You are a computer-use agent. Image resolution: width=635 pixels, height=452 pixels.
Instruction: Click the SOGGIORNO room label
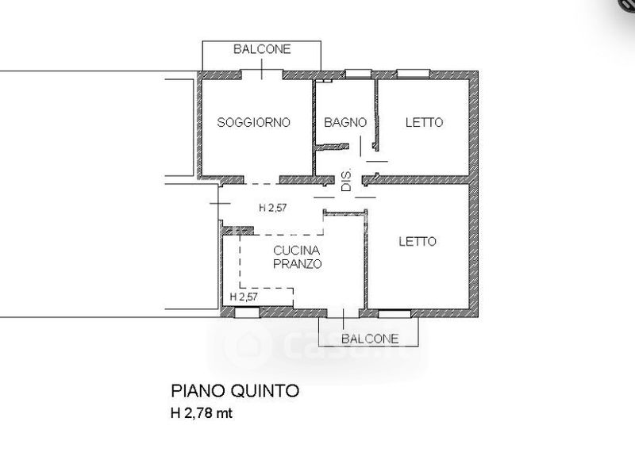point(253,122)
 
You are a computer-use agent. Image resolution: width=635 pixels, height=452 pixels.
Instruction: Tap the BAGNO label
point(345,122)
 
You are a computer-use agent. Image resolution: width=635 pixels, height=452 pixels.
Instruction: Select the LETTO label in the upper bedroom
point(425,122)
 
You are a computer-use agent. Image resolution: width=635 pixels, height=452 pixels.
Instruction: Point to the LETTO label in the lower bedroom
point(418,242)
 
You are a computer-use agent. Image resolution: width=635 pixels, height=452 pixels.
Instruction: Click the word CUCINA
point(297,251)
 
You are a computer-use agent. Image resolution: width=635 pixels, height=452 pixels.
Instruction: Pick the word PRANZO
point(297,264)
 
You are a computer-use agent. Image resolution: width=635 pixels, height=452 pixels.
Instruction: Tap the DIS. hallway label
point(347,180)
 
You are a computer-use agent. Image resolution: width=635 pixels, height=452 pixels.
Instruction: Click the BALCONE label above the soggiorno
point(262,49)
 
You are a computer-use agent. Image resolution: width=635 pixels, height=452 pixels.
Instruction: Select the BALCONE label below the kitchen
point(370,339)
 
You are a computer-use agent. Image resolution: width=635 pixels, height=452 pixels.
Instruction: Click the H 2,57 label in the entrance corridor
point(273,208)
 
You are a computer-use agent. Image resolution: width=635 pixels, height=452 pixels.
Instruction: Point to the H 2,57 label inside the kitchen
point(244,297)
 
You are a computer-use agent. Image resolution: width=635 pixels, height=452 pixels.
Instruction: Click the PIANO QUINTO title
point(235,391)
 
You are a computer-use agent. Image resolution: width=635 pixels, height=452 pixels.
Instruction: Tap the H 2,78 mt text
point(202,413)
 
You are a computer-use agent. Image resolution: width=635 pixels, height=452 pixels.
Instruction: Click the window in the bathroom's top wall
point(359,74)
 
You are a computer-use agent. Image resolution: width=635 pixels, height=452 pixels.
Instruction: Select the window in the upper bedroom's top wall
point(413,74)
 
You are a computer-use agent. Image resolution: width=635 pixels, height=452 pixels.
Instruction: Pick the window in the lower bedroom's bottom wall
point(394,313)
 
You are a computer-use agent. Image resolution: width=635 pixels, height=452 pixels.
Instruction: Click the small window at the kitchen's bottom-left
point(247,312)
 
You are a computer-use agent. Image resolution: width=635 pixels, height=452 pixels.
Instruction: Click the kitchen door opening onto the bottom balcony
point(343,312)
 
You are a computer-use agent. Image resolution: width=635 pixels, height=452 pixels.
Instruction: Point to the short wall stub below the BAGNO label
point(332,147)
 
